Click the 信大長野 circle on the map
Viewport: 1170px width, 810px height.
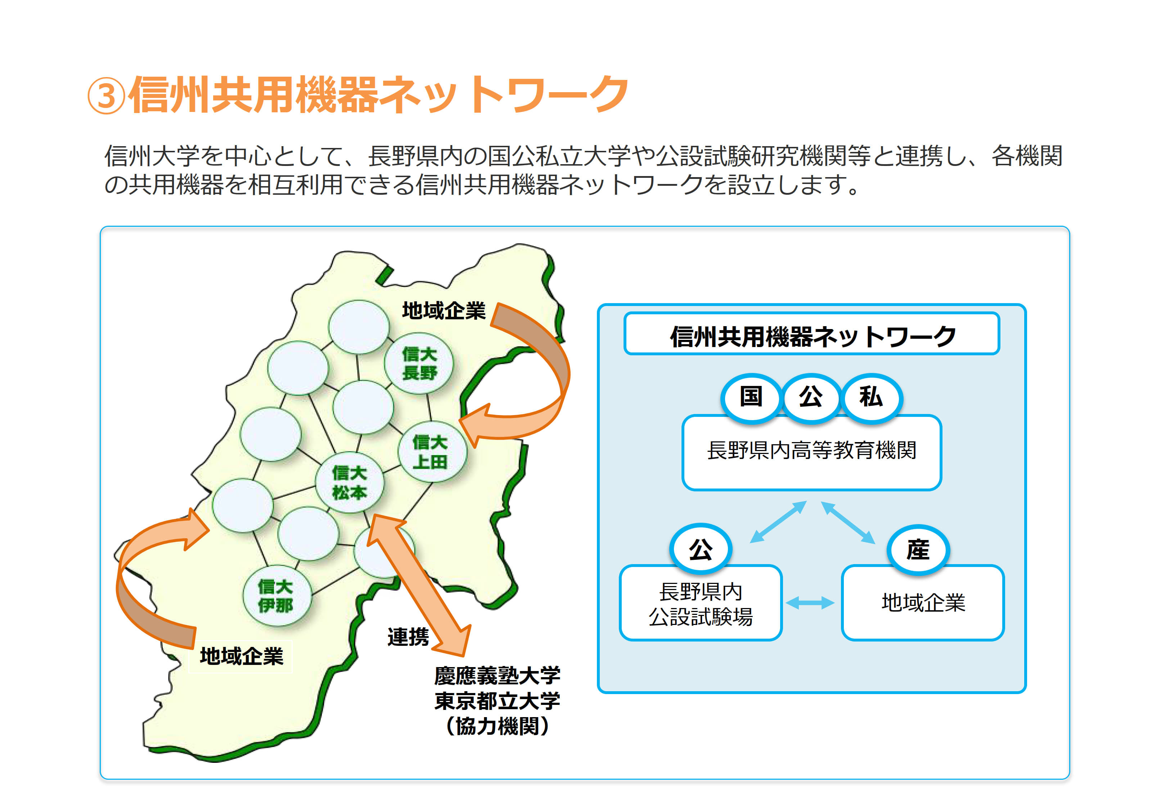pyautogui.click(x=419, y=363)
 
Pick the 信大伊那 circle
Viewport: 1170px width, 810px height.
pyautogui.click(x=276, y=596)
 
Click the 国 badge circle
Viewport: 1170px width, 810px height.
pyautogui.click(x=751, y=397)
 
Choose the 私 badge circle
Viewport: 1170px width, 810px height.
pyautogui.click(x=871, y=397)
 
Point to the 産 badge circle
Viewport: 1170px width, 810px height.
pyautogui.click(x=918, y=550)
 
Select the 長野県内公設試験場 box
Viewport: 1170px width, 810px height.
pyautogui.click(x=701, y=603)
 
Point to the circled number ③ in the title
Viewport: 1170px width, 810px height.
pyautogui.click(x=106, y=96)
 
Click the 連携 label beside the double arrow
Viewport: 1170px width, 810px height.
pyautogui.click(x=408, y=636)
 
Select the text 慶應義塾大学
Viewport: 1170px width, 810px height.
pyautogui.click(x=497, y=675)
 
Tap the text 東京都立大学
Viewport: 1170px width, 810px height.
pyautogui.click(x=497, y=701)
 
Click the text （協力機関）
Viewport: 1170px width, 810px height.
pyautogui.click(x=497, y=726)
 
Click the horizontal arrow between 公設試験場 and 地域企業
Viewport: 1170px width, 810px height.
pyautogui.click(x=810, y=603)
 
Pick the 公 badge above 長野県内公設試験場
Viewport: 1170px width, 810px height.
pyautogui.click(x=701, y=550)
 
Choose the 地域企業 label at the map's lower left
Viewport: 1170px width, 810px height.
pyautogui.click(x=242, y=656)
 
